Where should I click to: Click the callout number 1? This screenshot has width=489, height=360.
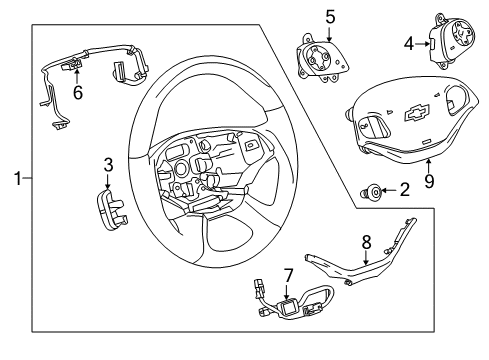(x=16, y=179)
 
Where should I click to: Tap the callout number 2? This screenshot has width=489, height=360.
(x=404, y=188)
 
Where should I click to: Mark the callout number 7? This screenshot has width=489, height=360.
(x=287, y=273)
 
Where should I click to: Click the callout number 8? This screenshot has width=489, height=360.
(x=366, y=241)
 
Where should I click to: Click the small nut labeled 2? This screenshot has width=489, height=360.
(x=371, y=189)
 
